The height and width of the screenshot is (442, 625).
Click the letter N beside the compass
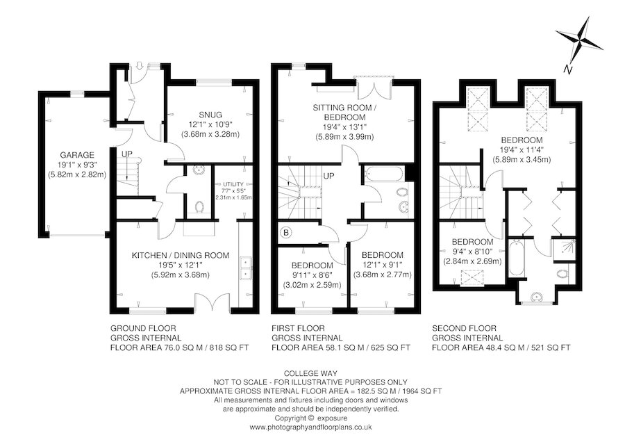click(x=567, y=69)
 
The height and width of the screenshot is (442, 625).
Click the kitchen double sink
click(x=244, y=268)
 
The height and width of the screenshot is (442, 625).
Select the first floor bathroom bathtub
click(x=383, y=174)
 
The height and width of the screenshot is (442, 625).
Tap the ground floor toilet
click(x=199, y=206)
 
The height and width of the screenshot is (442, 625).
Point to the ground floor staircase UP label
click(x=127, y=154)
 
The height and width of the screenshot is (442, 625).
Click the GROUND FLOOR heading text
click(x=143, y=327)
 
